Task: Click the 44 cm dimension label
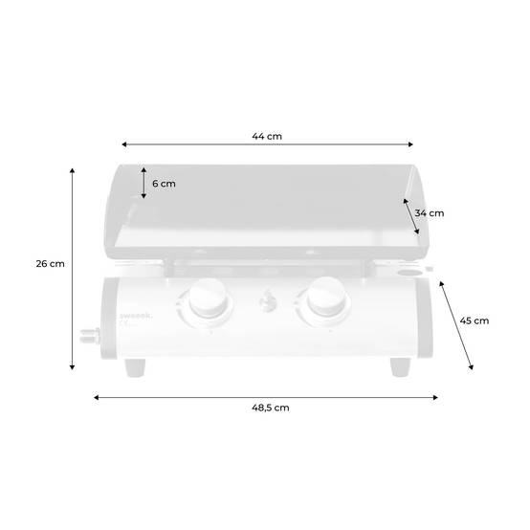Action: tap(267, 136)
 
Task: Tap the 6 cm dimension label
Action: tap(164, 184)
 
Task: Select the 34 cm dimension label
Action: tap(430, 213)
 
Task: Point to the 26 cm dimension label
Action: tap(51, 264)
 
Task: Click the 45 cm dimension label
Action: tap(475, 320)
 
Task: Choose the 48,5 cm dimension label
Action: tap(271, 408)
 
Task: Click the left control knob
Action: tap(208, 298)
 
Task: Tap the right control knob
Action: tap(326, 297)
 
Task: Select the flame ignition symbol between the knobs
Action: tap(268, 300)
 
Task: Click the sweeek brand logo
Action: tap(136, 316)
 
